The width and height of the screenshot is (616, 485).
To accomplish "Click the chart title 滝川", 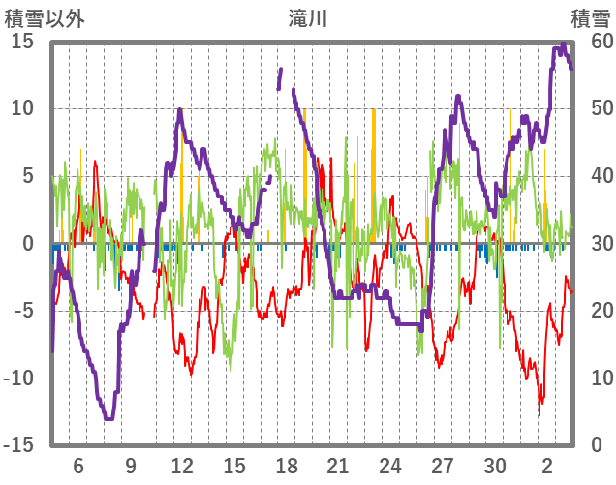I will pyautogui.click(x=308, y=17).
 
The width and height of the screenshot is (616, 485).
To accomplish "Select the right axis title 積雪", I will pyautogui.click(x=590, y=17).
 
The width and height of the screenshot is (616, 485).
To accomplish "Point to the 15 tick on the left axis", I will pyautogui.click(x=22, y=42).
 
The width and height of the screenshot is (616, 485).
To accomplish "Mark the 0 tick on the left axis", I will pyautogui.click(x=28, y=244).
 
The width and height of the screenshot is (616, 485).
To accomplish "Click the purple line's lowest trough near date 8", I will pyautogui.click(x=108, y=418).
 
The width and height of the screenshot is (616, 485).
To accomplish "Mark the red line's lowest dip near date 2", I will pyautogui.click(x=539, y=414).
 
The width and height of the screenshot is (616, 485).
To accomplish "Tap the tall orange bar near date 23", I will pyautogui.click(x=374, y=174).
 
